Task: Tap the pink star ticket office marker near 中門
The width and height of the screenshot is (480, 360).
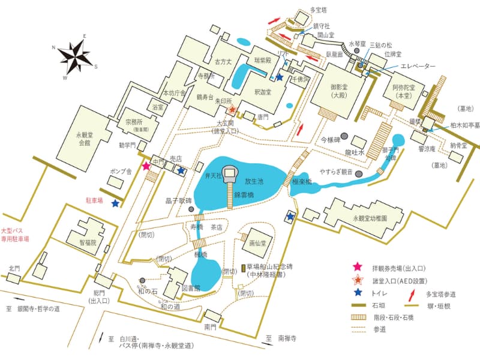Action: tap(145, 166)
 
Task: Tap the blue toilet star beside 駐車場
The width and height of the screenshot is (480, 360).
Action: tap(115, 203)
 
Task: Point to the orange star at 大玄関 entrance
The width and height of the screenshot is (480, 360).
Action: tap(232, 110)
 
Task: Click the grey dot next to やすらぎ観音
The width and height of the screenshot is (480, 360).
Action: tap(359, 174)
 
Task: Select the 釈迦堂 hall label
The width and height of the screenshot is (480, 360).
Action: tap(263, 92)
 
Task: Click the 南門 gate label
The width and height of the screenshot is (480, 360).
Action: tap(210, 328)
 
